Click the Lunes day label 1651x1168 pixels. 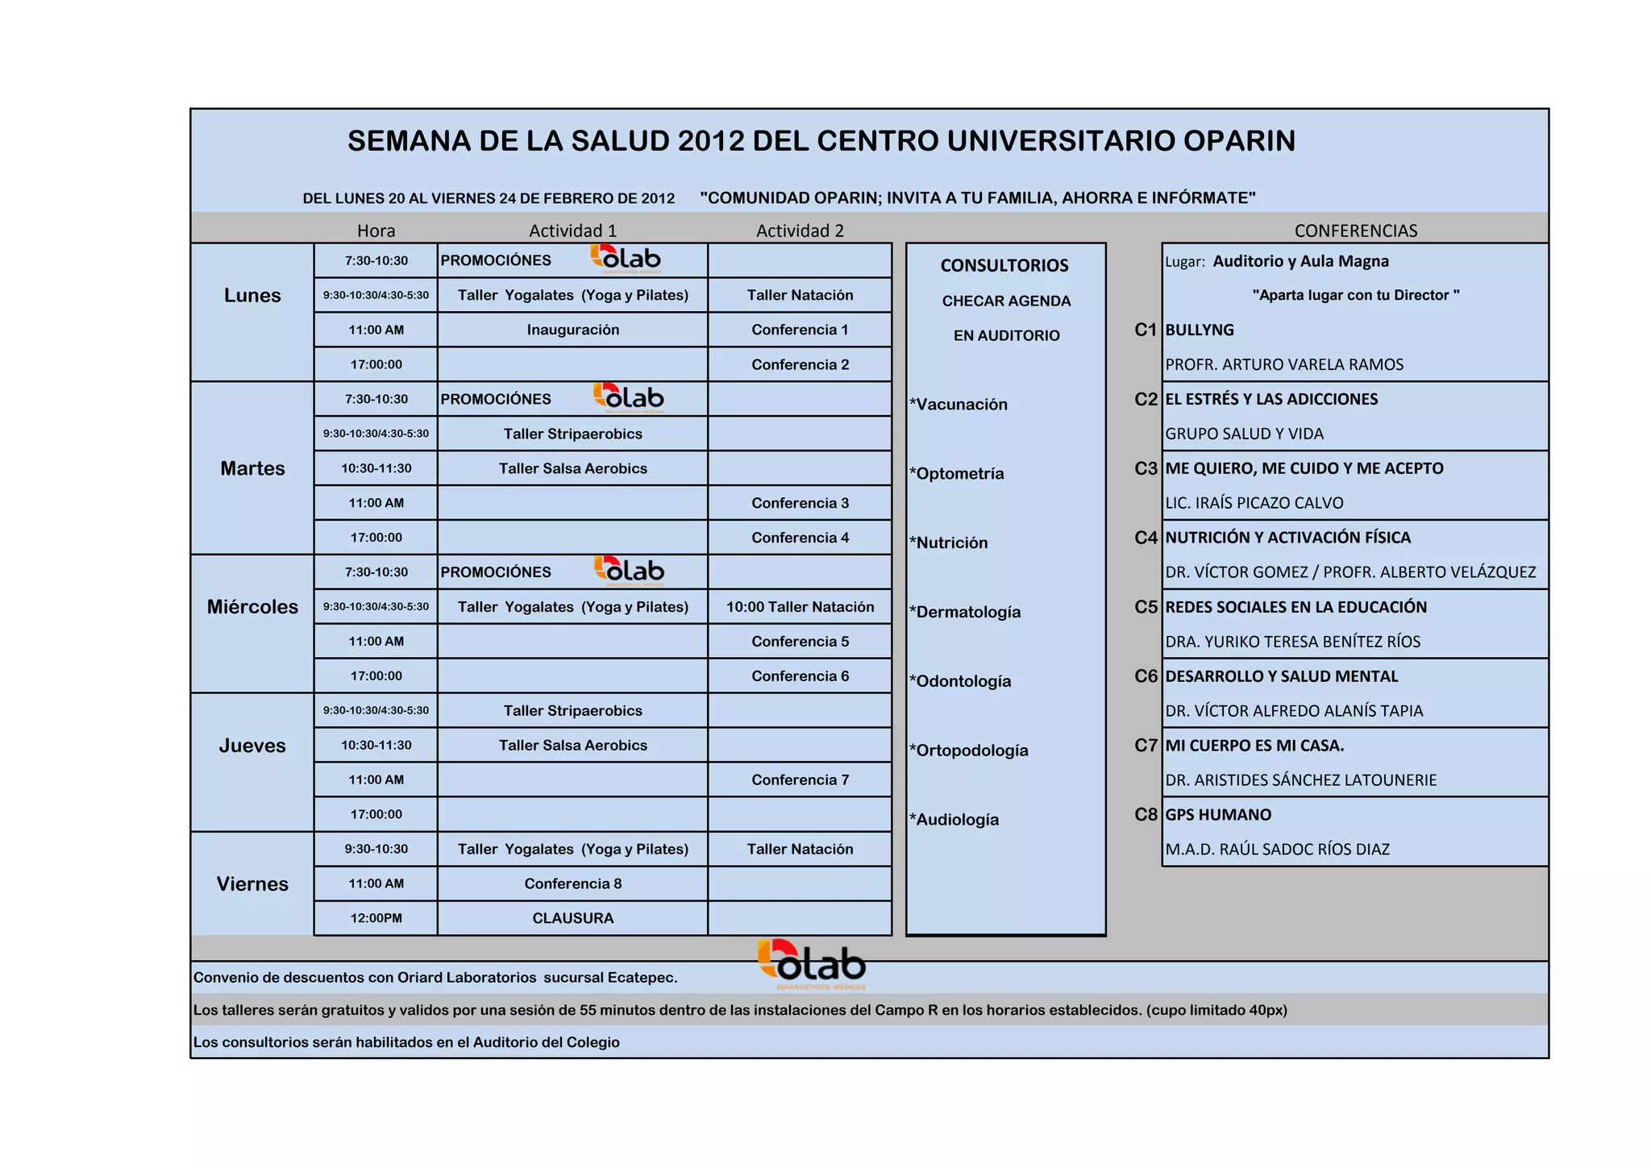(252, 296)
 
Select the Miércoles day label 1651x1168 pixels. (252, 607)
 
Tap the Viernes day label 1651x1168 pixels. (252, 884)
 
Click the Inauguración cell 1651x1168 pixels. (572, 330)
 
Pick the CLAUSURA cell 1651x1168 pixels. (572, 918)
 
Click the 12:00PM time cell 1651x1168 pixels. (376, 918)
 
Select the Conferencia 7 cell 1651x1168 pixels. (800, 779)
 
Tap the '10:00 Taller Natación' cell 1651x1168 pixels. (800, 607)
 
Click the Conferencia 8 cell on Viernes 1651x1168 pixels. (572, 883)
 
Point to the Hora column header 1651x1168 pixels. (376, 231)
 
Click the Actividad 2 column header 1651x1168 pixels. (800, 231)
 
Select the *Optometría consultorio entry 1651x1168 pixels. (957, 473)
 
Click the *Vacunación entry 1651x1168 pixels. (959, 404)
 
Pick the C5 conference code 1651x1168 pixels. (1146, 607)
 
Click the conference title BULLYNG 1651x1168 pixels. (1200, 330)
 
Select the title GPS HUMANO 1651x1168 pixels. (1218, 815)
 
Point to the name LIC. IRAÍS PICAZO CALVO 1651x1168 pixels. (1254, 503)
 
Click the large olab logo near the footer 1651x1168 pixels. (812, 963)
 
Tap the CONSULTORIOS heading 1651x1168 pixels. (1004, 265)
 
